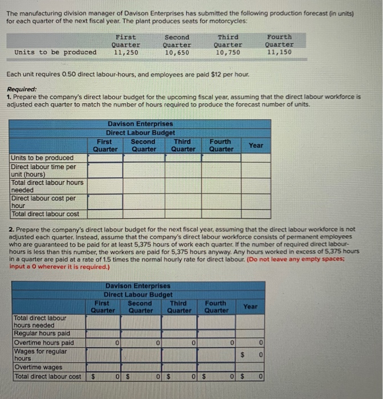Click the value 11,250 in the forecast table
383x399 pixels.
[x=125, y=52]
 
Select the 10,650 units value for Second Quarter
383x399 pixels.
[x=177, y=52]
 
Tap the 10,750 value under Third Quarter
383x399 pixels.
[x=228, y=52]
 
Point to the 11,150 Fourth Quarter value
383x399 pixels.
[x=280, y=52]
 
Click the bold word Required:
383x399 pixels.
[x=22, y=89]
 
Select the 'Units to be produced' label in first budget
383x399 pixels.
[x=42, y=157]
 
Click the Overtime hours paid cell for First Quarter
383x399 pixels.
[x=104, y=343]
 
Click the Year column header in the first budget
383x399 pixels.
[x=256, y=145]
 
